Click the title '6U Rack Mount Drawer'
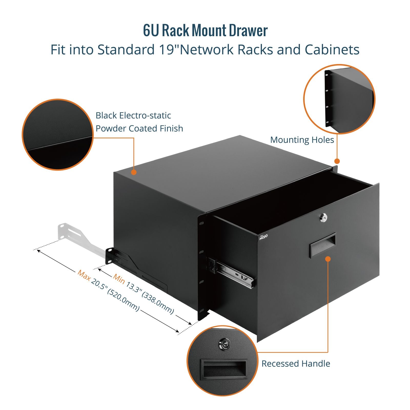pyautogui.click(x=205, y=30)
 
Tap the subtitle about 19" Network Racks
pyautogui.click(x=205, y=49)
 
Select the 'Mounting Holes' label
pyautogui.click(x=302, y=140)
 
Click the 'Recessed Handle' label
pyautogui.click(x=296, y=363)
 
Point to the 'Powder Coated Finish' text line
pyautogui.click(x=139, y=128)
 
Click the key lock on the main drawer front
pyautogui.click(x=324, y=218)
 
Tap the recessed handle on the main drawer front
pyautogui.click(x=323, y=245)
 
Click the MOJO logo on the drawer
pyautogui.click(x=263, y=237)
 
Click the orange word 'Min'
pyautogui.click(x=119, y=279)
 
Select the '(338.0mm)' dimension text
pyautogui.click(x=158, y=303)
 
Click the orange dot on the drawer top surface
pyautogui.click(x=134, y=172)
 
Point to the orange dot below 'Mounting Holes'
pyautogui.click(x=337, y=161)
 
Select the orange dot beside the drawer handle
pyautogui.click(x=328, y=259)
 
